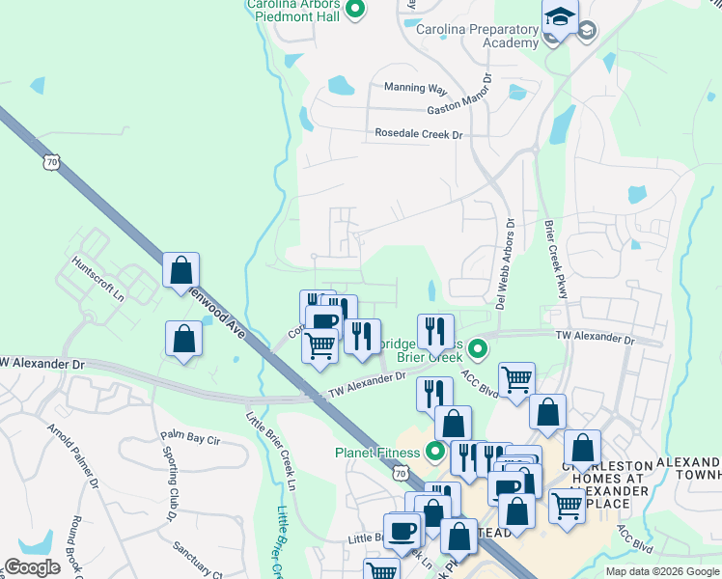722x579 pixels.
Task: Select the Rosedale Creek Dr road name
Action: pyautogui.click(x=419, y=134)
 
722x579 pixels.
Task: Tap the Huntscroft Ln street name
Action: pyautogui.click(x=100, y=282)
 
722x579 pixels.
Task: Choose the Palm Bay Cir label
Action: pyautogui.click(x=190, y=439)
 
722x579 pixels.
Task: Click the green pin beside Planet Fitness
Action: pyautogui.click(x=435, y=451)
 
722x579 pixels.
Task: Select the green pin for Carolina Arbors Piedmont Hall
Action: pyautogui.click(x=355, y=11)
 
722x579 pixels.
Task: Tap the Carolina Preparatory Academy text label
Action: pyautogui.click(x=477, y=36)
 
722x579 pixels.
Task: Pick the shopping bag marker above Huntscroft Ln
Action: pyautogui.click(x=181, y=271)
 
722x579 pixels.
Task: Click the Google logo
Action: pyautogui.click(x=33, y=567)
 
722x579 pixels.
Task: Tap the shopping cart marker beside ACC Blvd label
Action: pyautogui.click(x=517, y=379)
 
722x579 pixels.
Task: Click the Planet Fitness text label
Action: pyautogui.click(x=379, y=452)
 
